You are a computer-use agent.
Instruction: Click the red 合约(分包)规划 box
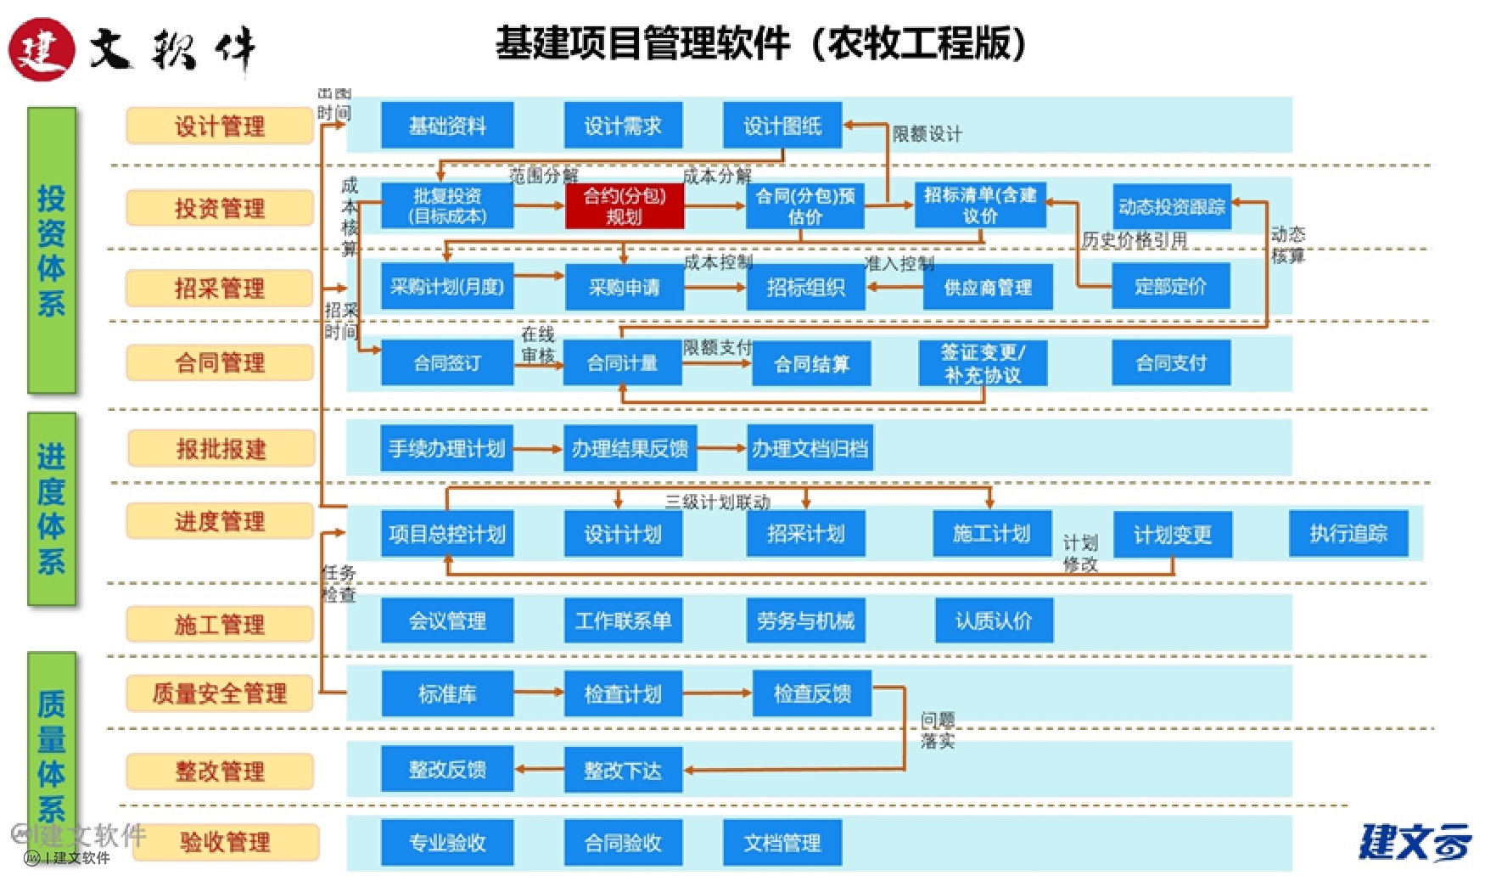pyautogui.click(x=624, y=206)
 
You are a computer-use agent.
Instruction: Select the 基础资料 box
pyautogui.click(x=447, y=126)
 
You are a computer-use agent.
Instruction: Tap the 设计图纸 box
pyautogui.click(x=782, y=126)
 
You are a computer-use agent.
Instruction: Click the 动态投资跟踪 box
pyautogui.click(x=1171, y=206)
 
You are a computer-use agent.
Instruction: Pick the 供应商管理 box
pyautogui.click(x=987, y=287)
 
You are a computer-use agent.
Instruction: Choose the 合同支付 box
pyautogui.click(x=1171, y=363)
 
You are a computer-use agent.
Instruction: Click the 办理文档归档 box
pyautogui.click(x=810, y=448)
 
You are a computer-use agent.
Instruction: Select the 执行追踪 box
pyautogui.click(x=1348, y=533)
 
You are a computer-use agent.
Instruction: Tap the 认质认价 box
pyautogui.click(x=993, y=620)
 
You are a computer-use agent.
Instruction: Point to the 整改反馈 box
pyautogui.click(x=447, y=769)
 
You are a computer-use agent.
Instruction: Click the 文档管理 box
pyautogui.click(x=782, y=842)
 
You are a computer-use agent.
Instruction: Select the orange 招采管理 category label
pyautogui.click(x=220, y=288)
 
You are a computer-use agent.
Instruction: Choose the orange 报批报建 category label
pyautogui.click(x=221, y=448)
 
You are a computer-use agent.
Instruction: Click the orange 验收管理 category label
pyautogui.click(x=225, y=842)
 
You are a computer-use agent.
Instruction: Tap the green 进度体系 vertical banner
pyautogui.click(x=52, y=508)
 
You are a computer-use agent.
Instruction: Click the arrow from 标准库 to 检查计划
pyautogui.click(x=538, y=693)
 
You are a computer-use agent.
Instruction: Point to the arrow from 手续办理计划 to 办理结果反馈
pyautogui.click(x=538, y=448)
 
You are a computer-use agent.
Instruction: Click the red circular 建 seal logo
pyautogui.click(x=41, y=49)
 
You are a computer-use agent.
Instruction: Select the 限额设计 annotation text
pyautogui.click(x=927, y=134)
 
